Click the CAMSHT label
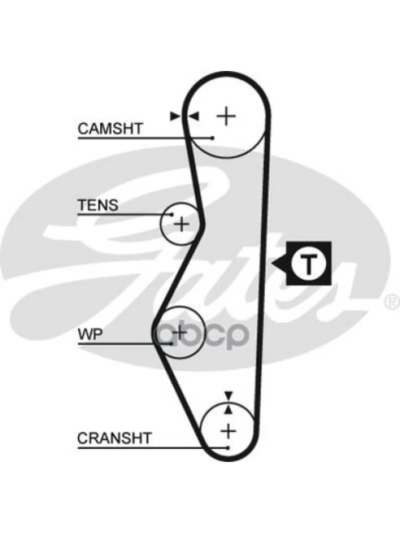[x=110, y=129]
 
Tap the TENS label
[x=98, y=205]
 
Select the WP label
[x=90, y=334]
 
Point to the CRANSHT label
[x=114, y=438]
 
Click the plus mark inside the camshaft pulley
[x=226, y=116]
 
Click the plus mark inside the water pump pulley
[x=180, y=332]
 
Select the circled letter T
[x=308, y=264]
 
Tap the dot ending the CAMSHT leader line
[x=213, y=138]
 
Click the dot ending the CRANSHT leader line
[x=228, y=447]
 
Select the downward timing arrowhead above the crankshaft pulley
[x=228, y=395]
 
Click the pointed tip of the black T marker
[x=273, y=264]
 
